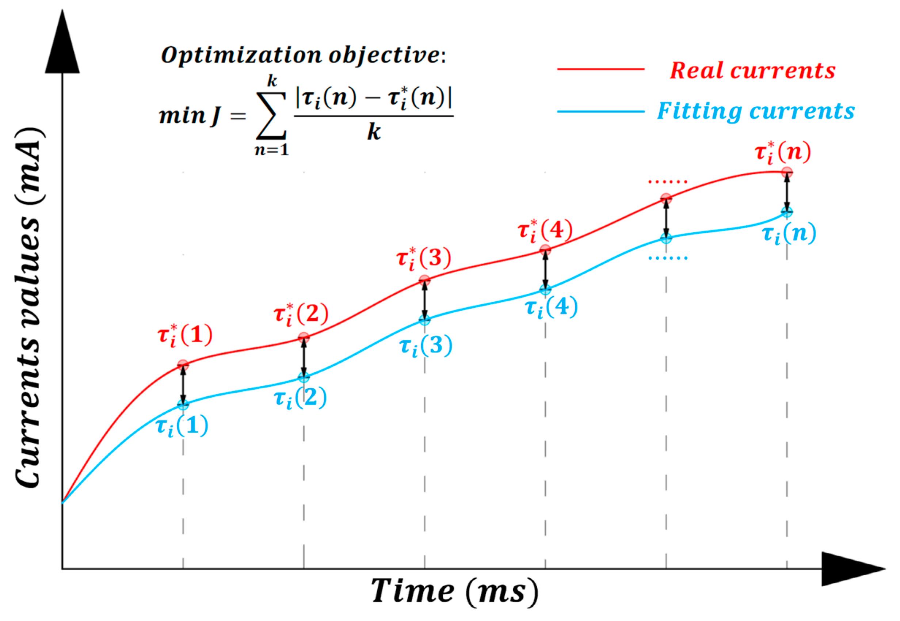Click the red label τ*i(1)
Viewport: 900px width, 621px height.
[185, 335]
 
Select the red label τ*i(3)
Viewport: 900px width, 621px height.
[424, 258]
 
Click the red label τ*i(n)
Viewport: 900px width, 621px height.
[783, 153]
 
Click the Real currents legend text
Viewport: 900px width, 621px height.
[752, 71]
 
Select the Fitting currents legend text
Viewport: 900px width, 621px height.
[756, 111]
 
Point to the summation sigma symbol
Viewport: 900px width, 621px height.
[271, 115]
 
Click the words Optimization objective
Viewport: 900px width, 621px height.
[303, 55]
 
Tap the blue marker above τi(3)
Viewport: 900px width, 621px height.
[424, 320]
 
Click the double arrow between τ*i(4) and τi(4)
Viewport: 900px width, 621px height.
[545, 270]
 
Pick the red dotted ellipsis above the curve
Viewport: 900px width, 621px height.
[668, 182]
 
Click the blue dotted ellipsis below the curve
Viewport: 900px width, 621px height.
[668, 258]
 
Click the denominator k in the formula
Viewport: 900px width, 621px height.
[374, 132]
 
